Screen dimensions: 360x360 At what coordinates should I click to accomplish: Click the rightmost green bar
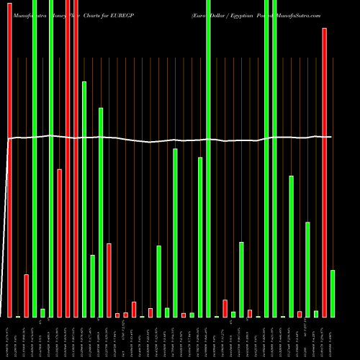coord(333,293)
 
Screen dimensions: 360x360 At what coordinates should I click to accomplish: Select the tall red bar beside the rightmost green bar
coord(324,173)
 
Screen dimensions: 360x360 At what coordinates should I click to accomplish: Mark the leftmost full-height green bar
coord(35,158)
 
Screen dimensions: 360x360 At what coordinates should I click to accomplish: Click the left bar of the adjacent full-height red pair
coord(68,158)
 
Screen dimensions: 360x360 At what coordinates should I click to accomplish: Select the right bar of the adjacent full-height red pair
coord(76,158)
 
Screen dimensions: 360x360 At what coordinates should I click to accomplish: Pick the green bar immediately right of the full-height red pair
coord(84,199)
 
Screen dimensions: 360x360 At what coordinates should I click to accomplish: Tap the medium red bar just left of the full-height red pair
coord(59,243)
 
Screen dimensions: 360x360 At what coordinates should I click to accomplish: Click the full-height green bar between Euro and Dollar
coord(208,158)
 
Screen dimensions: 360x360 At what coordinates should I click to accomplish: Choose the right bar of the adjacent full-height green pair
coord(274,158)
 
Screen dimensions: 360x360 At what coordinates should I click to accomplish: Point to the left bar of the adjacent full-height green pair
coord(266,158)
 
